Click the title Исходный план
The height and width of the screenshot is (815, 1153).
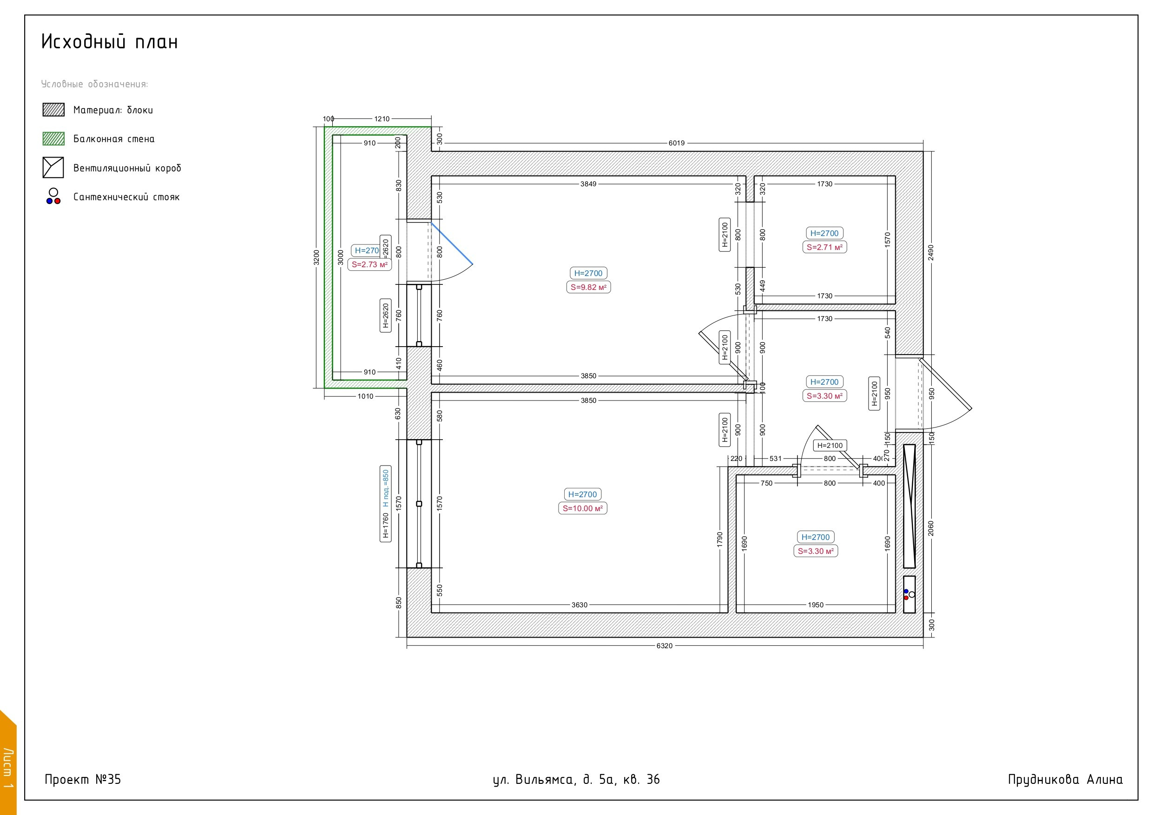click(110, 42)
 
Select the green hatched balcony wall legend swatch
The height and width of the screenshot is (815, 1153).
click(53, 138)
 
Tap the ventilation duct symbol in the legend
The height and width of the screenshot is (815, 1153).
click(53, 168)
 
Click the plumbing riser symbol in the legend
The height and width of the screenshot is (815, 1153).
click(53, 197)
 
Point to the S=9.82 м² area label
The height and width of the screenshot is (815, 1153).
click(588, 287)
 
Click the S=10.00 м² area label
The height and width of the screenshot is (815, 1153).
click(582, 508)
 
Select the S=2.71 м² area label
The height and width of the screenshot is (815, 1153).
click(824, 247)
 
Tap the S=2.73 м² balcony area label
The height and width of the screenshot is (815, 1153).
click(369, 265)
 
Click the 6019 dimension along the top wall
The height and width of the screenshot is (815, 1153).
click(677, 143)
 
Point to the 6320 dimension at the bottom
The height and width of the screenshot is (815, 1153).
click(665, 646)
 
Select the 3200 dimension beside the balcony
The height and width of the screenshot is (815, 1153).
click(316, 257)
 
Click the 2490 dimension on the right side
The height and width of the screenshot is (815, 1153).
click(930, 253)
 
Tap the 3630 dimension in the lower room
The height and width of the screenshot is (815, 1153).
click(580, 605)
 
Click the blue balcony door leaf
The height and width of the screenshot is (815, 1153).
click(452, 243)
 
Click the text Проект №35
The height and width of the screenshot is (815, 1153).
click(83, 779)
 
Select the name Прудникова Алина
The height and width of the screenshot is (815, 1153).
click(1065, 779)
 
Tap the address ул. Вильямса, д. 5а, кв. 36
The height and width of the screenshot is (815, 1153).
click(576, 779)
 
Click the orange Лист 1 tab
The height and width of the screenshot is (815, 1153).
click(8, 763)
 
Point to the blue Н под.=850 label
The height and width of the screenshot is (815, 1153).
click(386, 488)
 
